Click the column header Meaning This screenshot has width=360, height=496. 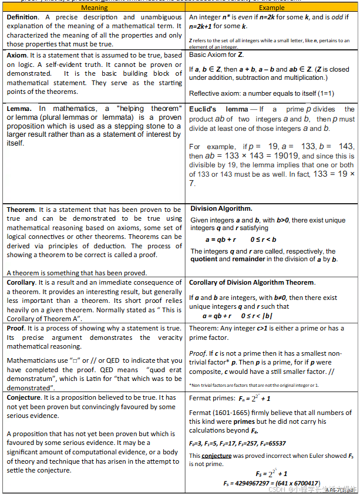click(x=94, y=8)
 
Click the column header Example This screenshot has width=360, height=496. click(x=271, y=8)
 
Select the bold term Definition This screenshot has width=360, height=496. click(x=23, y=17)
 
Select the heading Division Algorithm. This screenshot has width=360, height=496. click(x=221, y=208)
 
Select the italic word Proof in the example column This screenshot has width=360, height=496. click(x=197, y=353)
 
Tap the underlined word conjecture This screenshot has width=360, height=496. click(x=217, y=455)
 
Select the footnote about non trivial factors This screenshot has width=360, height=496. click(x=254, y=385)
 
